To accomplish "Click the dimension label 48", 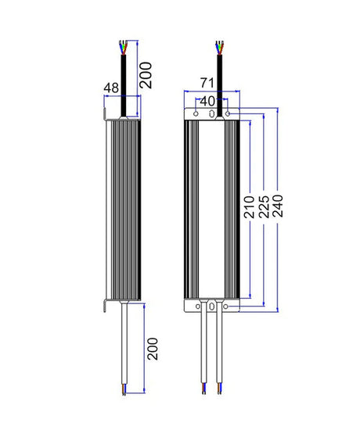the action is [x=111, y=88].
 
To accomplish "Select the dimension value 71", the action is [x=207, y=83].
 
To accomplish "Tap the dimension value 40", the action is [x=207, y=101].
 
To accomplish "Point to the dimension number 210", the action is [x=249, y=207].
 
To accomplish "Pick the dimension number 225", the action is [x=264, y=207].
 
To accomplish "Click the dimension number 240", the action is [x=278, y=206].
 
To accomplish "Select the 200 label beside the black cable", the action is [x=146, y=75].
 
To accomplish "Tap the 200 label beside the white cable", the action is [x=153, y=349].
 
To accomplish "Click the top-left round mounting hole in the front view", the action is [x=196, y=114].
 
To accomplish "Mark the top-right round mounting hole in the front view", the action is [x=228, y=114].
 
